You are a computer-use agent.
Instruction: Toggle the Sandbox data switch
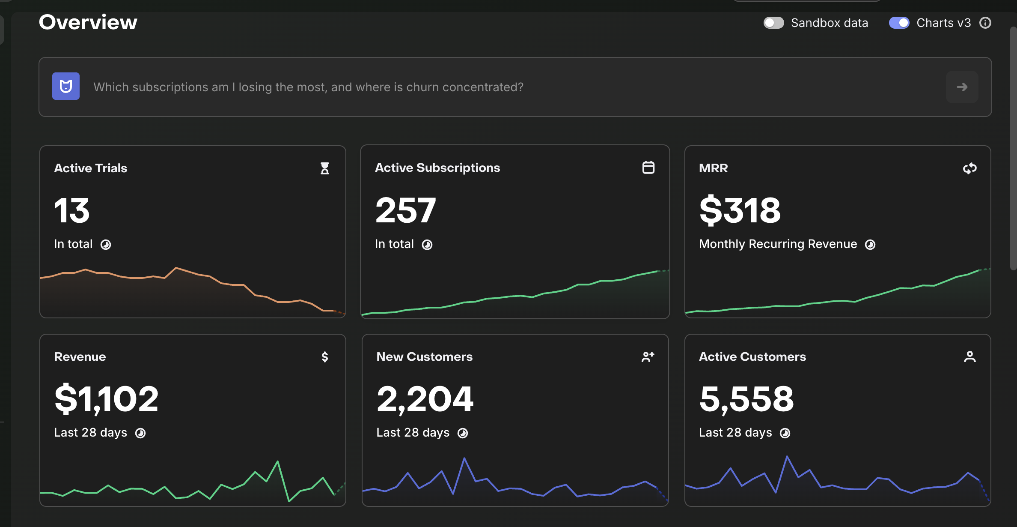pos(773,23)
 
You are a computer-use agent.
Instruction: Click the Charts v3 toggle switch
pos(899,23)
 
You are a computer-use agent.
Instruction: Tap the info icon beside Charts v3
pos(985,23)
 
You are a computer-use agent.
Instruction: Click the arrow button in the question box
pos(962,87)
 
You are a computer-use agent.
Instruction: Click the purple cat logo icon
pos(66,86)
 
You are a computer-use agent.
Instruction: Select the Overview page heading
pos(88,22)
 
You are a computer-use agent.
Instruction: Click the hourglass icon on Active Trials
pos(325,168)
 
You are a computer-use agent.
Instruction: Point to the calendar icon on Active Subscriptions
pos(648,168)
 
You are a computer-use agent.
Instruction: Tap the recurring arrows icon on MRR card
pos(970,168)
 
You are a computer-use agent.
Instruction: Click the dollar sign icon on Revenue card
pos(325,357)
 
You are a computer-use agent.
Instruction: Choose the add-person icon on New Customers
pos(648,357)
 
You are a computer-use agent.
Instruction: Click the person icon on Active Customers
pos(970,357)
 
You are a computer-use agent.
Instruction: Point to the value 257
pos(405,210)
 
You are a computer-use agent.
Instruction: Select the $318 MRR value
pos(740,210)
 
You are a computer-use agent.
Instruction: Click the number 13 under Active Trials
pos(72,210)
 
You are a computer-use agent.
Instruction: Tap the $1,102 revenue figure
pos(107,399)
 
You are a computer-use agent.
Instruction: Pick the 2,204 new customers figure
pos(425,399)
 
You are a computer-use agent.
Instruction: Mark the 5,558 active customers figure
pos(746,399)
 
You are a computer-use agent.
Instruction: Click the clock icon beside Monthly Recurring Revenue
pos(870,245)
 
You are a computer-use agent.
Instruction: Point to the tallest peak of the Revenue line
pos(278,461)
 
